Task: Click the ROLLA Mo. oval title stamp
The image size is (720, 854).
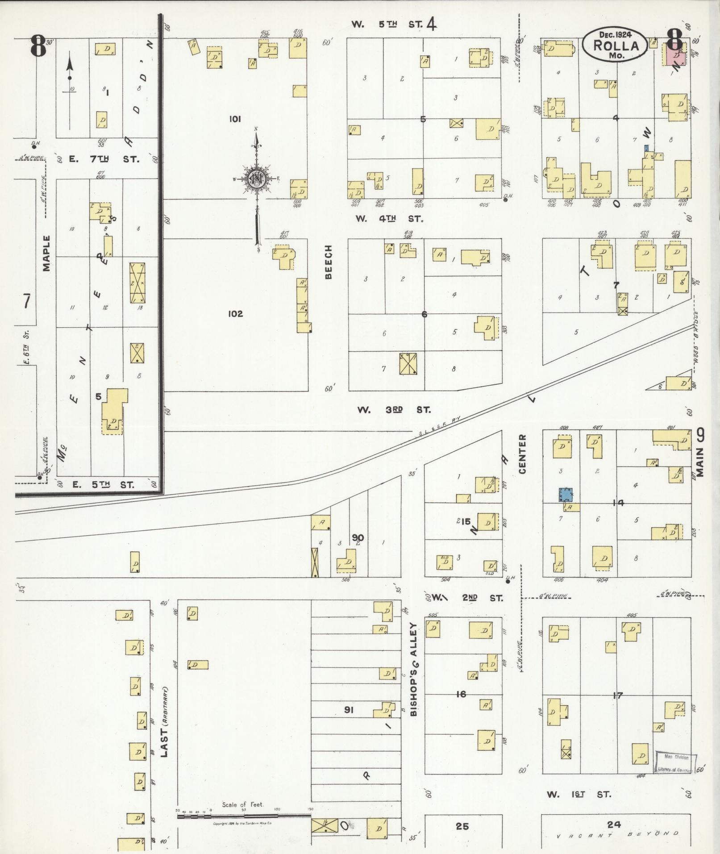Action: tap(616, 44)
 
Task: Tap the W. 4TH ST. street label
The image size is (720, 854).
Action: tap(389, 219)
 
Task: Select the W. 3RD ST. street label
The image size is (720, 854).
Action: tap(393, 409)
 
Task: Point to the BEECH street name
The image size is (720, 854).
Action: tap(329, 262)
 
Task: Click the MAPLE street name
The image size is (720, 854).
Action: tap(47, 254)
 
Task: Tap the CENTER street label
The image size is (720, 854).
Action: tap(522, 454)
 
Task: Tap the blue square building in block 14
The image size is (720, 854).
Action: tap(566, 494)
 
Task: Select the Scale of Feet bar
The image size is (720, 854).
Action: tap(244, 816)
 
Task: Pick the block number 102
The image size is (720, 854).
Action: tap(235, 314)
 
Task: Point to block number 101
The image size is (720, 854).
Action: tap(235, 119)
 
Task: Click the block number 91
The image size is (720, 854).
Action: tap(349, 709)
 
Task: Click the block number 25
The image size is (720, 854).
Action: tap(462, 826)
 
